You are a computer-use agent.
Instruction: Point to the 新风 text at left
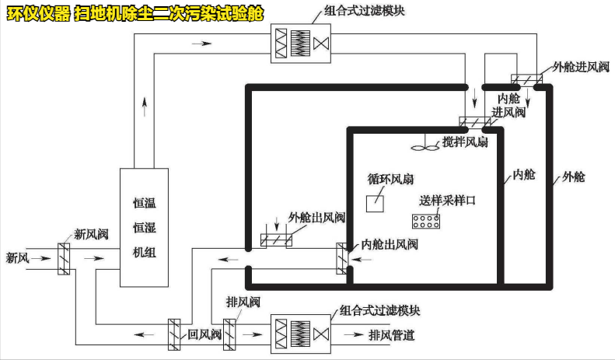pyautogui.click(x=18, y=257)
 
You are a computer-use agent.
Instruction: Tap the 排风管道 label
pyautogui.click(x=391, y=336)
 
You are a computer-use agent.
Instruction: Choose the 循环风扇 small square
pyautogui.click(x=376, y=201)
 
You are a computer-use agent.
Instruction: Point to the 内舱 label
pyautogui.click(x=525, y=174)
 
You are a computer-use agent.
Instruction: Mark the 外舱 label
pyautogui.click(x=573, y=177)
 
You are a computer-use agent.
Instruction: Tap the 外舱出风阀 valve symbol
pyautogui.click(x=275, y=240)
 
